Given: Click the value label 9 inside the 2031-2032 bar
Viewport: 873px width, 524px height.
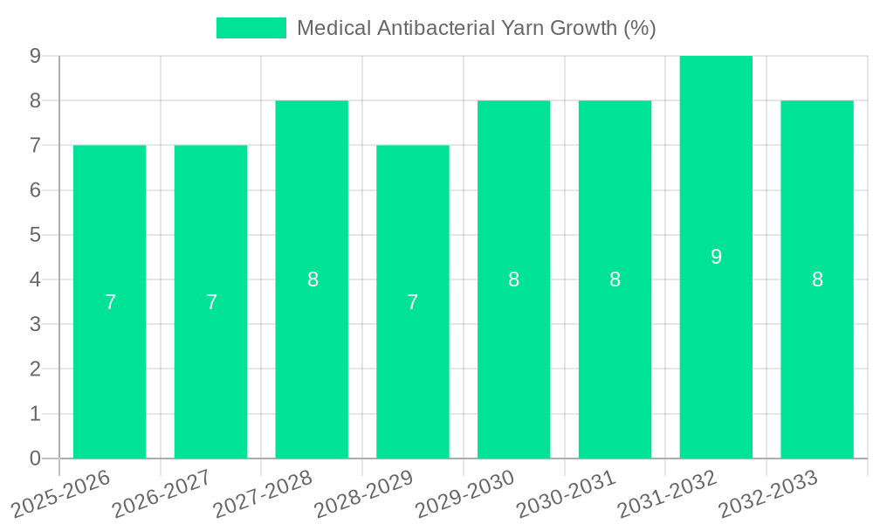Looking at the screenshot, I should tap(716, 257).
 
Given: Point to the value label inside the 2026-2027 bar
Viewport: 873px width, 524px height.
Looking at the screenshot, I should tap(211, 302).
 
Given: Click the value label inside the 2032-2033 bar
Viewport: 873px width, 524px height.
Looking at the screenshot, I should tap(817, 279).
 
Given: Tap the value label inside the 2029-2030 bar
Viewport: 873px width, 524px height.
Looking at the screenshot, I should tap(513, 279).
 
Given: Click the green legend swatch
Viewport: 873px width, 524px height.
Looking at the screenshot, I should tap(251, 28).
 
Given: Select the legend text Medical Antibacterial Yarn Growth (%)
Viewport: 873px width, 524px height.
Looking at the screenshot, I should tap(476, 28).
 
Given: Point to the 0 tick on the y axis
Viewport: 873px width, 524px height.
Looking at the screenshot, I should tap(35, 458).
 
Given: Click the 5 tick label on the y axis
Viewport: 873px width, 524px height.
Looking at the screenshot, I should tap(35, 235).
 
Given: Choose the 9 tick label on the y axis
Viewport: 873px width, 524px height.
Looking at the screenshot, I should tap(35, 56).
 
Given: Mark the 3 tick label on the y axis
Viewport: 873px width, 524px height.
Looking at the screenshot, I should tap(35, 324).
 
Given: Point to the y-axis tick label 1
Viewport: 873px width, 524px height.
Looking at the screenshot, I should tap(35, 414).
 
